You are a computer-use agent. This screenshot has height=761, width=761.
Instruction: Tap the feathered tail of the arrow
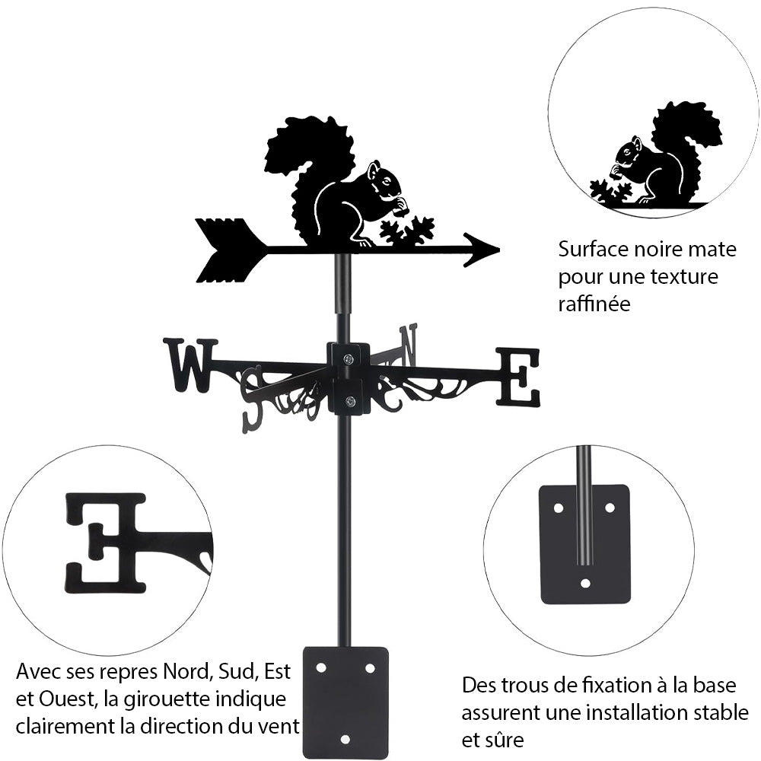224,250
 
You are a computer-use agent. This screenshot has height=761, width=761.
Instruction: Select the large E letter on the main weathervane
519,376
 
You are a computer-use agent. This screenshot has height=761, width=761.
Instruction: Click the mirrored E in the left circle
107,542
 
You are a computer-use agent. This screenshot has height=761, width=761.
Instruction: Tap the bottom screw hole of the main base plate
345,738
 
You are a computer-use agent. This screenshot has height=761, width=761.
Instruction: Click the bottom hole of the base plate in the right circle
584,584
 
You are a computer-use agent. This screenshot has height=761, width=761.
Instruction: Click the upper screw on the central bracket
348,359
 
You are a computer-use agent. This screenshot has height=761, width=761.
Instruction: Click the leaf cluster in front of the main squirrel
408,231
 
